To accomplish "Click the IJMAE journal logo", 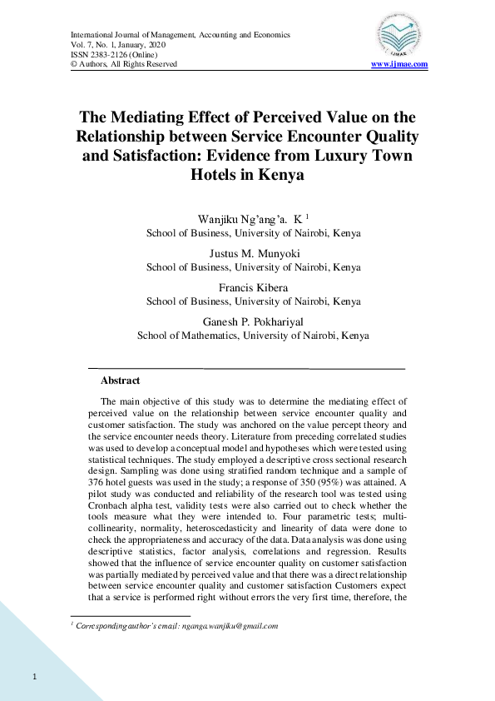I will (399, 36).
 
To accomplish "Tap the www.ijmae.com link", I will (399, 64).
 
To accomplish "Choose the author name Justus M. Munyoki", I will (253, 255).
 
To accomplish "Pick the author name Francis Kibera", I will (253, 288).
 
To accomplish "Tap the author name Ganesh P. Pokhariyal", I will (253, 322).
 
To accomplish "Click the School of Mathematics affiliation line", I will (253, 336).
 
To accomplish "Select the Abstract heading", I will (120, 380).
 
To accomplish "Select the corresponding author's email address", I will (230, 626).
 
